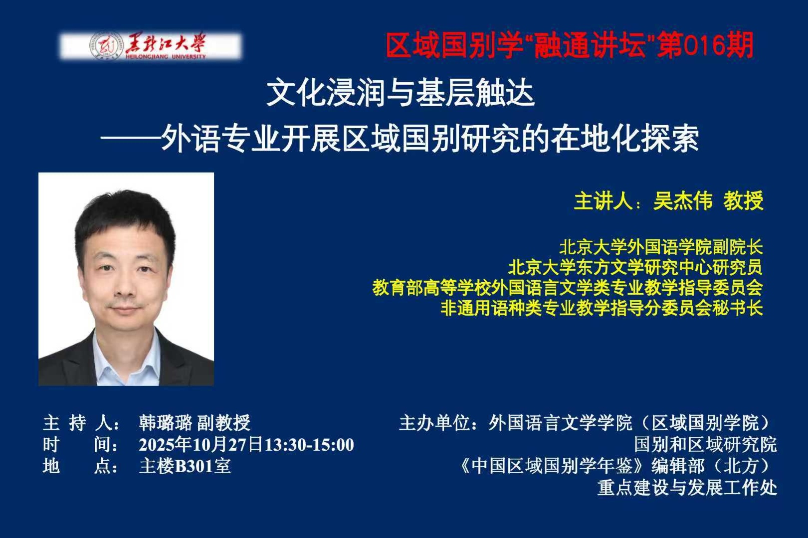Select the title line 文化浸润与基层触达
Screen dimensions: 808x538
point(401,93)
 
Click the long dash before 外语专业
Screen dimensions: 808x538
point(131,139)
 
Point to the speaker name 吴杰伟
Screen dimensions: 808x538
point(683,201)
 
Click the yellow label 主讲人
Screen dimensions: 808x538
point(603,201)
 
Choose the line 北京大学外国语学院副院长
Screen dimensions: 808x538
point(661,247)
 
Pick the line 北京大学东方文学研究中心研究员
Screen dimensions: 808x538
point(635,268)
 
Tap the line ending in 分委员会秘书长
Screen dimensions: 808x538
point(602,308)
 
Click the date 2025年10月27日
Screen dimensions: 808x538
point(201,445)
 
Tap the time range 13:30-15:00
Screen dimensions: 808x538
point(310,445)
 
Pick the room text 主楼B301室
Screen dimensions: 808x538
point(185,466)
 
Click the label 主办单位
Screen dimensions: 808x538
point(434,423)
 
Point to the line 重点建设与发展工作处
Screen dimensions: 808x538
point(687,488)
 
